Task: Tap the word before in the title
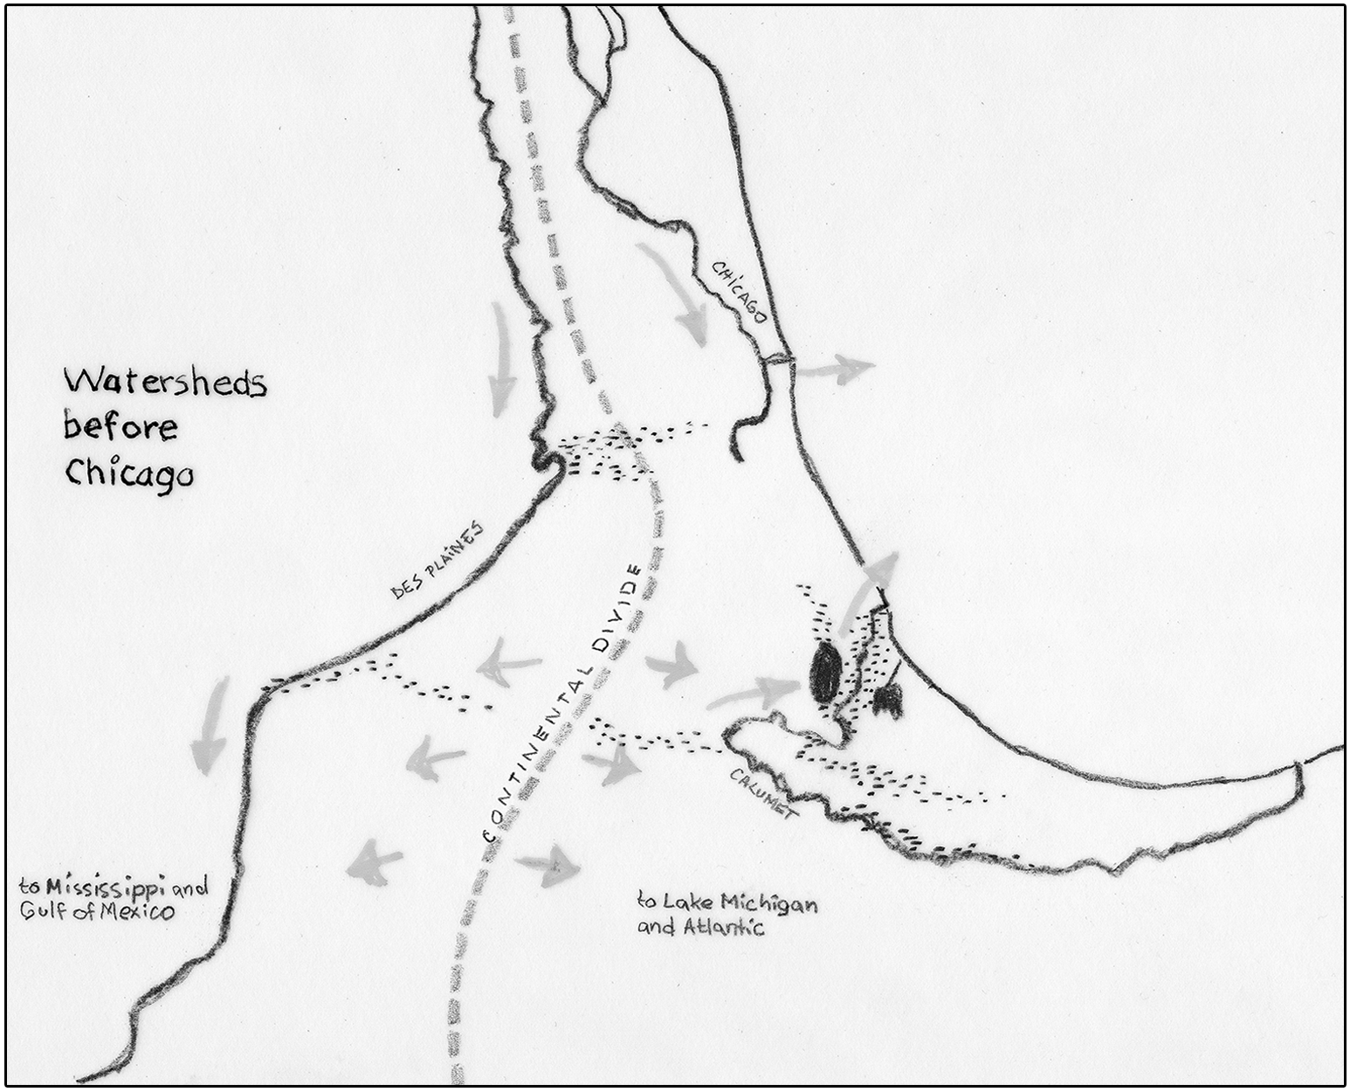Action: [x=121, y=426]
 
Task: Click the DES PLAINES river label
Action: [x=437, y=564]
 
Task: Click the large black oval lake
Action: [x=823, y=674]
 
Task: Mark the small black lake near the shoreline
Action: [x=889, y=700]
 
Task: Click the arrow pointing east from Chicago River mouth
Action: [x=836, y=369]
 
